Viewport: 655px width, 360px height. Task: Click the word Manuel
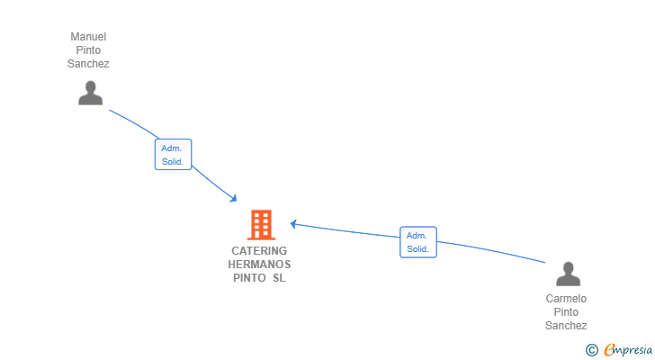point(88,37)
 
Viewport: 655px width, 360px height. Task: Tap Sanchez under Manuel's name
point(88,64)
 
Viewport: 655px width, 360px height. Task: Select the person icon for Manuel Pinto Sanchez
point(90,93)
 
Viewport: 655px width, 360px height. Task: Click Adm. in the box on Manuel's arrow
point(171,148)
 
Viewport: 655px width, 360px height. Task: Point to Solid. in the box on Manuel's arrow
point(173,162)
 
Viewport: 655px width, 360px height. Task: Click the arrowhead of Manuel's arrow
point(233,198)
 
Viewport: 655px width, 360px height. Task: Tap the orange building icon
point(261,225)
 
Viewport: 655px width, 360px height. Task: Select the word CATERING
point(259,250)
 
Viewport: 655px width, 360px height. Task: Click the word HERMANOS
point(259,265)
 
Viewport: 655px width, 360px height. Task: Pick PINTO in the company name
point(249,278)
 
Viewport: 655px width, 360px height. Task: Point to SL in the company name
point(279,278)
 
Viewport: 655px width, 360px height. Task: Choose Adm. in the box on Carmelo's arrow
point(417,236)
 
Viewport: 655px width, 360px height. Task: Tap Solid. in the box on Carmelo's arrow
point(417,249)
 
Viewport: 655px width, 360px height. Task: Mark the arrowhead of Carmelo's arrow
point(293,224)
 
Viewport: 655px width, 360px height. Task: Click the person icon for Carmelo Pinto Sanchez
point(568,274)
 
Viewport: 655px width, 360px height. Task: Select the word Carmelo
point(566,299)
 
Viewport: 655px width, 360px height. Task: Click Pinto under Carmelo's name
point(566,312)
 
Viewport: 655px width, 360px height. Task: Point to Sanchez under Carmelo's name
point(566,325)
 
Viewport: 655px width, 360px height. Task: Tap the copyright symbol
point(591,350)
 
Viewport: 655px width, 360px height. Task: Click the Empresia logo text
point(628,349)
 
